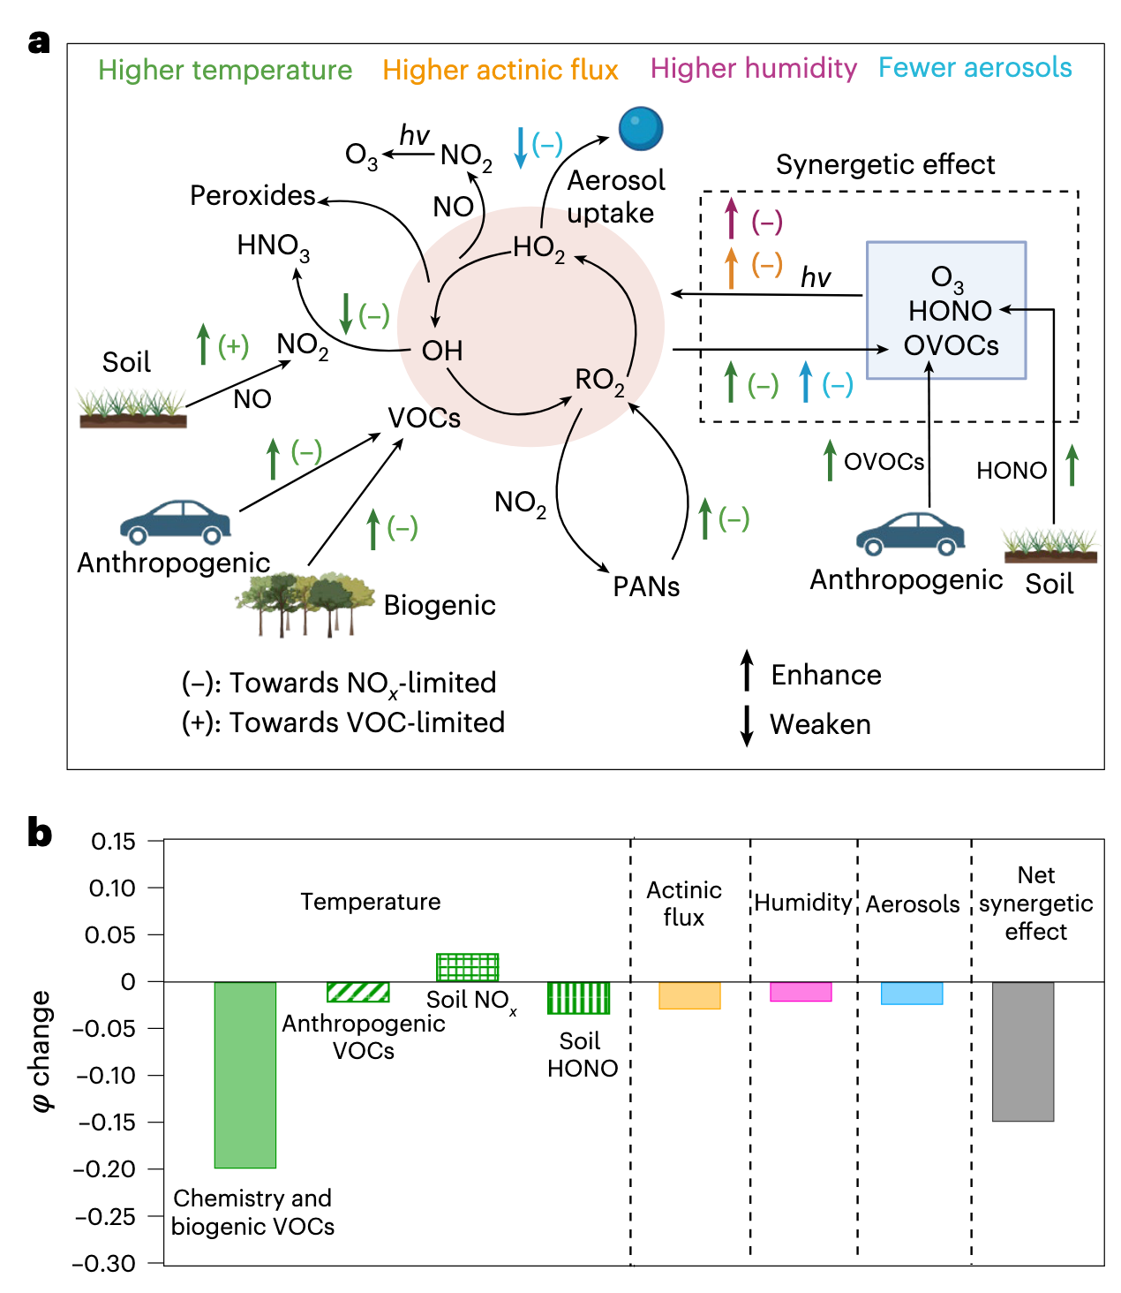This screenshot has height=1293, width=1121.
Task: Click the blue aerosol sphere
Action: point(641,128)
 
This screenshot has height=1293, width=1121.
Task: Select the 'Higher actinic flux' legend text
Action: point(500,70)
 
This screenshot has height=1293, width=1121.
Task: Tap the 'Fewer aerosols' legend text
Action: point(974,67)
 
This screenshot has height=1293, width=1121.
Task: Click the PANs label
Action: point(645,586)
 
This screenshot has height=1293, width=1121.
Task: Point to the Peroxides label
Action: point(252,195)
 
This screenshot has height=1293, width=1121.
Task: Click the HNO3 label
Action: point(273,246)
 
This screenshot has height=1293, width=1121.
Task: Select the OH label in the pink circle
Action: point(442,350)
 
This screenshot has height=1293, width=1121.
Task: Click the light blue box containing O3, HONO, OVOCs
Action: point(945,310)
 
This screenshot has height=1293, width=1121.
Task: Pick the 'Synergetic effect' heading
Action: point(884,164)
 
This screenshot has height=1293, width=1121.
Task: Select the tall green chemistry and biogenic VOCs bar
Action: point(245,1074)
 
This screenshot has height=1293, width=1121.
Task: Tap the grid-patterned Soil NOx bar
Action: point(467,967)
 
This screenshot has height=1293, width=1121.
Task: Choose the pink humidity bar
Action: point(801,992)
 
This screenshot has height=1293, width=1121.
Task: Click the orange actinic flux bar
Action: point(689,995)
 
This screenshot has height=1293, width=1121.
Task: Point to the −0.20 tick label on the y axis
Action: point(104,1169)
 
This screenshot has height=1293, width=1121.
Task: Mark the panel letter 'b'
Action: point(39,833)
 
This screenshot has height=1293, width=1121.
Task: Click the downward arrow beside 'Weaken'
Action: point(746,725)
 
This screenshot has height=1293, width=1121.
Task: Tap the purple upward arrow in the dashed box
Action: point(731,218)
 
